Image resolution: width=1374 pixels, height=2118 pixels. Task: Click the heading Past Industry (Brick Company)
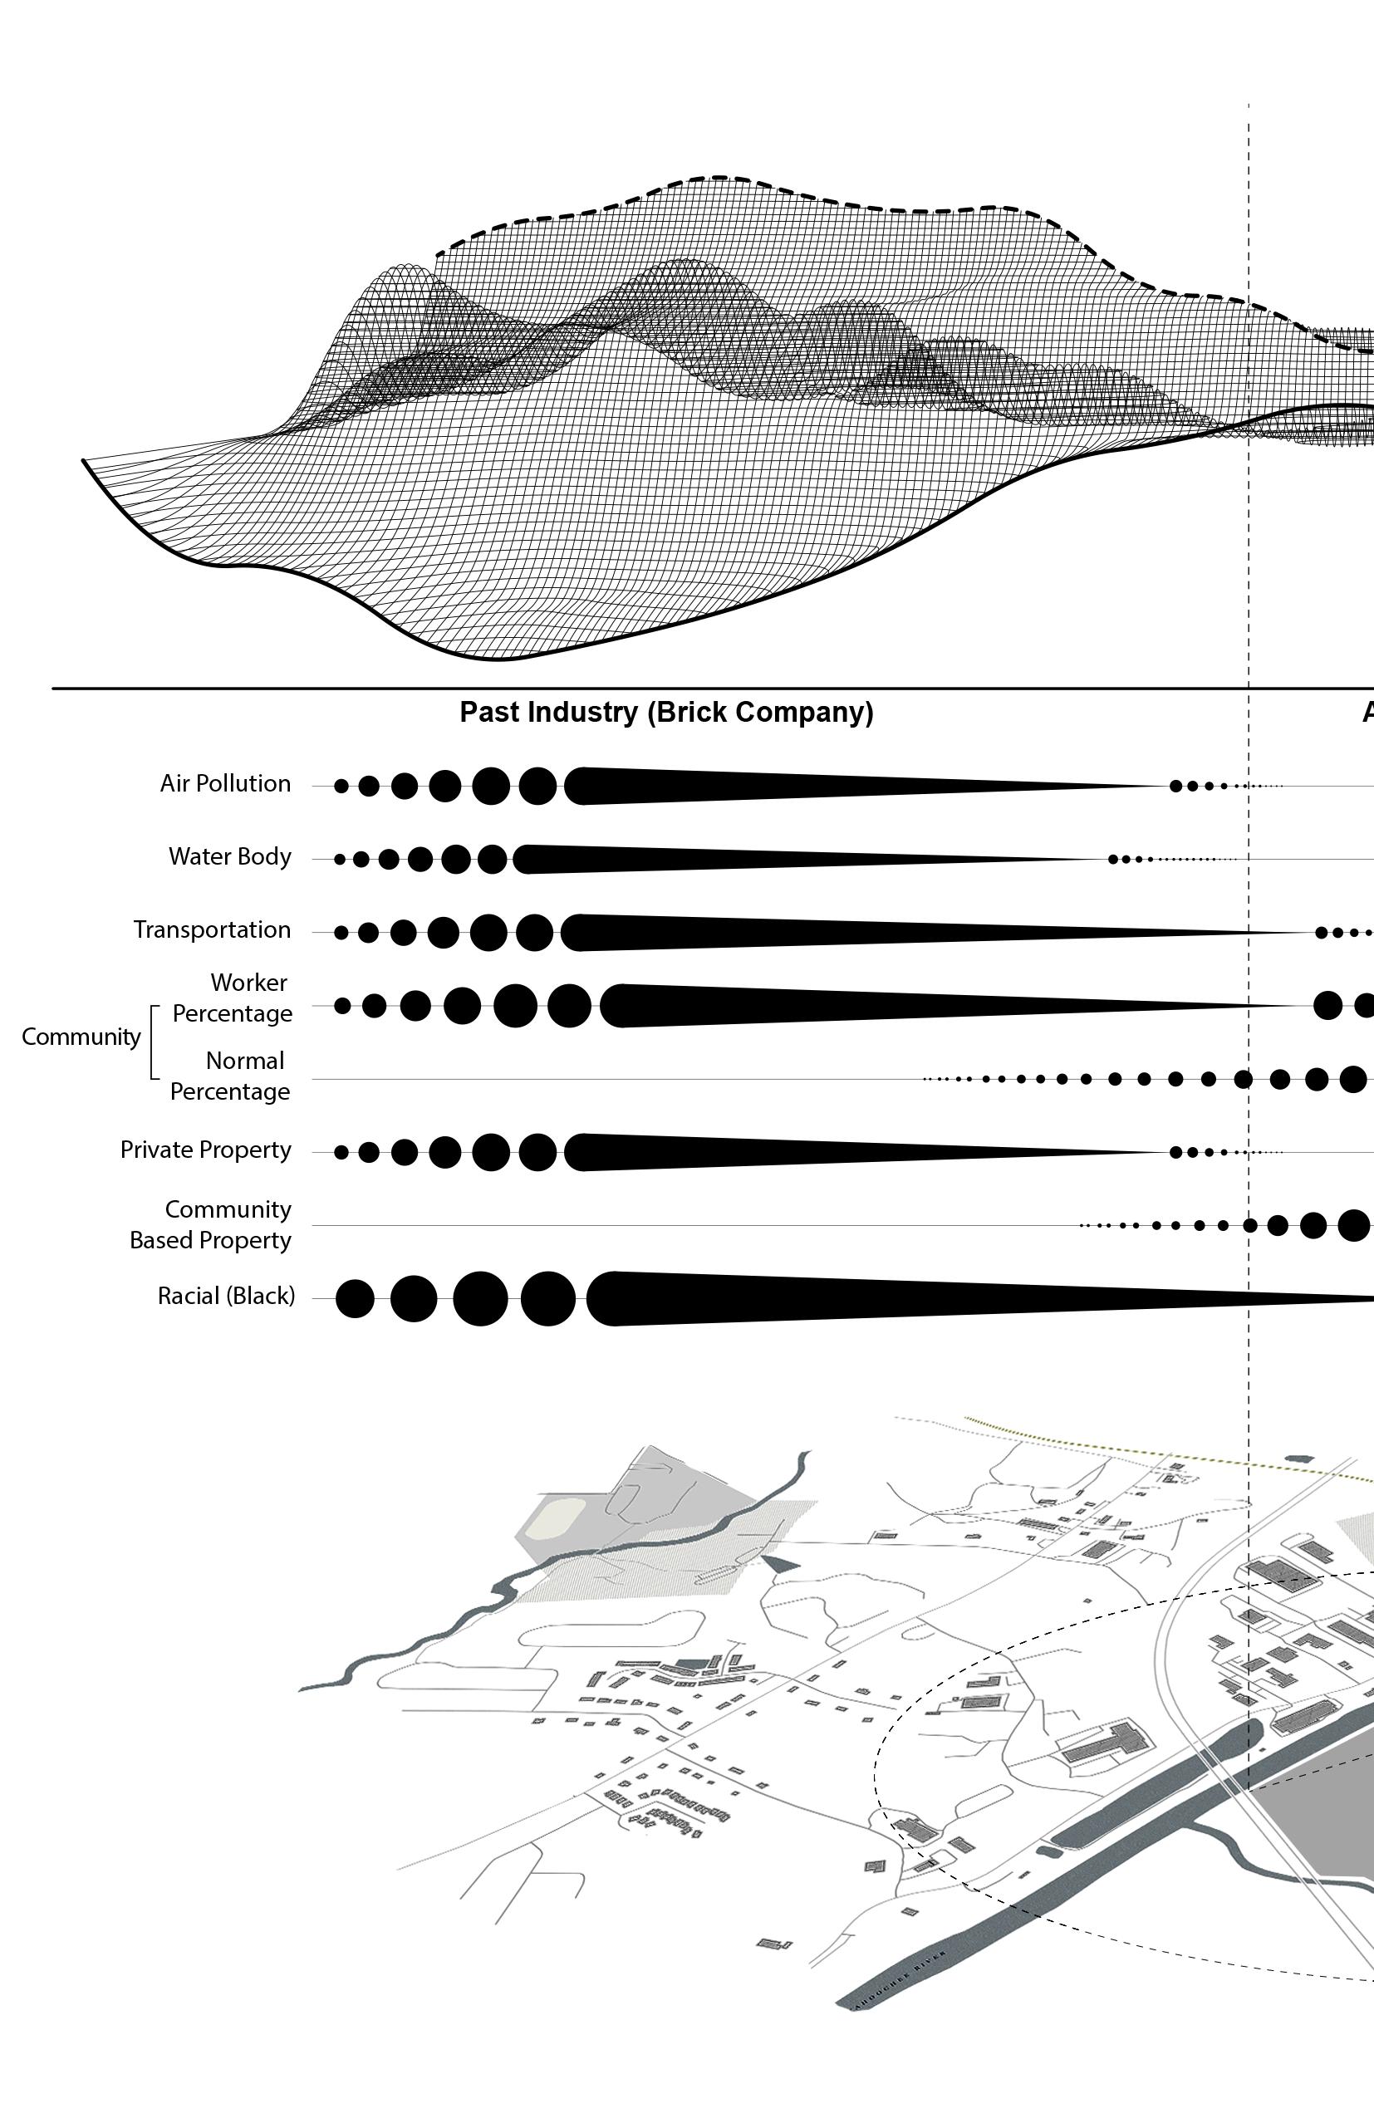point(665,713)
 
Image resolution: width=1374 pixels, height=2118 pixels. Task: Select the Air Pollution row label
point(225,784)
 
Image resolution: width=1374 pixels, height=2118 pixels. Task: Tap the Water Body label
point(229,857)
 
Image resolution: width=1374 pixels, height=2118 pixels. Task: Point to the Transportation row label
point(212,930)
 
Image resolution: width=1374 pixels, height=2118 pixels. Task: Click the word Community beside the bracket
point(81,1037)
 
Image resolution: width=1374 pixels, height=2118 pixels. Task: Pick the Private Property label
point(205,1150)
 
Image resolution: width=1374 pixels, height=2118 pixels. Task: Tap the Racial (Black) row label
point(226,1297)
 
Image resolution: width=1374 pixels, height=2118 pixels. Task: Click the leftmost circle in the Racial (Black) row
point(354,1298)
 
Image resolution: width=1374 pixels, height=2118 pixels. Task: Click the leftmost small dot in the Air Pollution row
point(341,787)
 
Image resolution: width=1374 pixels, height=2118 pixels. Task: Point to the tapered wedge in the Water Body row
point(757,860)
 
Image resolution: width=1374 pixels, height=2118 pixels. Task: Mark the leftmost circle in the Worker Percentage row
point(341,1006)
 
